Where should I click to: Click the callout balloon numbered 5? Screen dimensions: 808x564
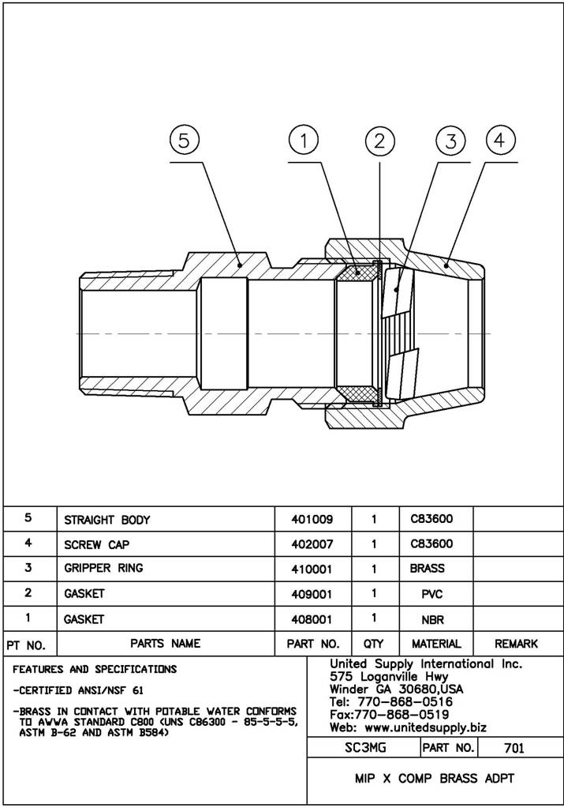184,141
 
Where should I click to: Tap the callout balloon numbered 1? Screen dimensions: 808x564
304,141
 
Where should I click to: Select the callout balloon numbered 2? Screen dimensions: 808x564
379,141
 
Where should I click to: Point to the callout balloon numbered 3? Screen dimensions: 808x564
450,141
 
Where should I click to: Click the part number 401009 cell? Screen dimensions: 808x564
312,520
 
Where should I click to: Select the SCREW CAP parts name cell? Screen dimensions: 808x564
97,544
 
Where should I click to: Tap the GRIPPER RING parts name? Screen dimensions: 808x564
104,569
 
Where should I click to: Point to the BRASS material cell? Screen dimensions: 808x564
428,569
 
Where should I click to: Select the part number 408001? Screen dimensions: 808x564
312,619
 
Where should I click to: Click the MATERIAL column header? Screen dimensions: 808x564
436,644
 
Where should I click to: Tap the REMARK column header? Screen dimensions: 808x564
516,644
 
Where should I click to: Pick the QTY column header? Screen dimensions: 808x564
374,644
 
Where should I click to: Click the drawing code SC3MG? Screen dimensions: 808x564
362,747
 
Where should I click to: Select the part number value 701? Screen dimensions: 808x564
514,747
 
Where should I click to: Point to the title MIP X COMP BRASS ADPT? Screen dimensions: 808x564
435,779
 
